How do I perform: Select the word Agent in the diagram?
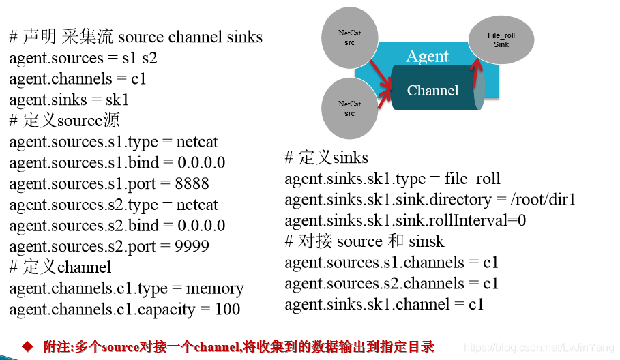[x=428, y=56]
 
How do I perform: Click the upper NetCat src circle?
[x=350, y=37]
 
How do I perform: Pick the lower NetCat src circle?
[x=349, y=108]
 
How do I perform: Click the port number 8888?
[x=192, y=183]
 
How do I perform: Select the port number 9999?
[x=192, y=246]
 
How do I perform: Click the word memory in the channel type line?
[x=215, y=288]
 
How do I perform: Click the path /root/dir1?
[x=543, y=200]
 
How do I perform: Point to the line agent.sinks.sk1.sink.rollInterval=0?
[x=405, y=220]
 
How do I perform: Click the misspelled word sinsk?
[x=426, y=241]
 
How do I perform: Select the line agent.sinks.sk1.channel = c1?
[x=384, y=304]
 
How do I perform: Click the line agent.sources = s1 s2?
[x=83, y=58]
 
